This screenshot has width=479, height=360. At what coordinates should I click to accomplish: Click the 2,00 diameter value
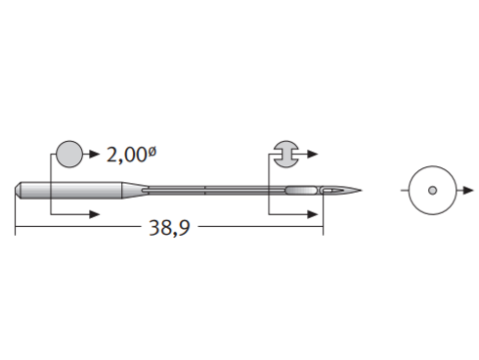127,155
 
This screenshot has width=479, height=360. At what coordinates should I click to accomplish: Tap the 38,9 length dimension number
169,228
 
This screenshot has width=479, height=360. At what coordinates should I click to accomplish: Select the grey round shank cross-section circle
69,155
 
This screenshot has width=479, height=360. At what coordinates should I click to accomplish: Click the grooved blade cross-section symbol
285,155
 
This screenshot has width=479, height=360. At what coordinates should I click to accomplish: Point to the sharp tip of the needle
361,190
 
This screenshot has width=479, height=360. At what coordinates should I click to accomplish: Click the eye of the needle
329,190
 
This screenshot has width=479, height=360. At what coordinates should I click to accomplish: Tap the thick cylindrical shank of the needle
71,190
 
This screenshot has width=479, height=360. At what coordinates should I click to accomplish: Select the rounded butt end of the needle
18,190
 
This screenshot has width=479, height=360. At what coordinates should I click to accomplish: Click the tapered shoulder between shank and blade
135,190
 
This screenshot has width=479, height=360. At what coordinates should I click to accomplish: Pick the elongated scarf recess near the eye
301,190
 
